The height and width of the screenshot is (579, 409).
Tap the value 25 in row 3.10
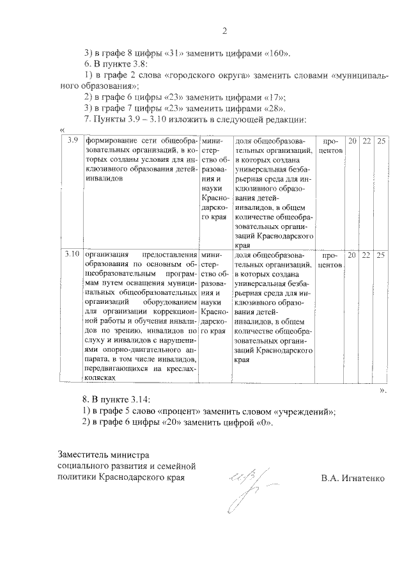[380, 254]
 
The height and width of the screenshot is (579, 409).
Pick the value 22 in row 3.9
[366, 140]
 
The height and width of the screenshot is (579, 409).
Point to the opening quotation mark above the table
[62, 131]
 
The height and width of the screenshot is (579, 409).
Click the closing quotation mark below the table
[382, 388]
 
